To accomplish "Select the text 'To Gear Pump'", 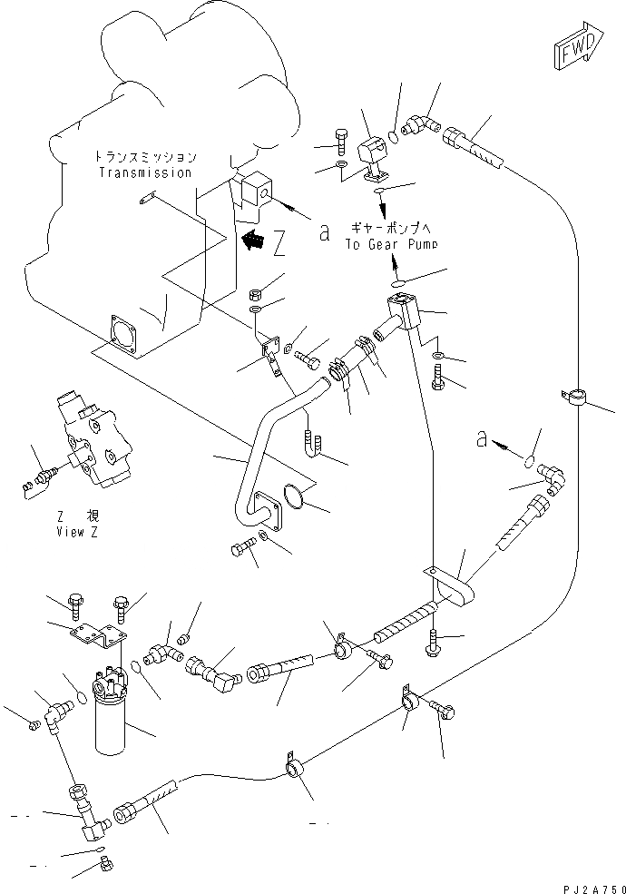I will [x=390, y=245].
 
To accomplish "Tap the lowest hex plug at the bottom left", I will [x=104, y=868].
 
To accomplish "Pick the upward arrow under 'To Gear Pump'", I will [x=394, y=265].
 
